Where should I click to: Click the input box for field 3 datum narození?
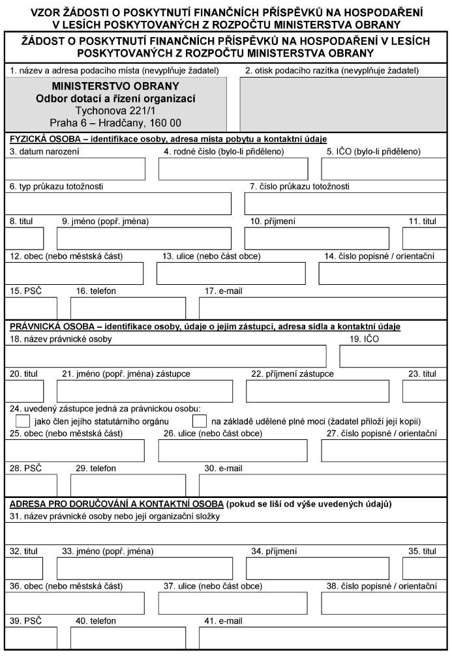(x=76, y=169)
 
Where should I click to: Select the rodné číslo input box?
(x=233, y=169)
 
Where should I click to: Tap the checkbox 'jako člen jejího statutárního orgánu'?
(x=22, y=421)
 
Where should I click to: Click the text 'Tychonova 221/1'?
(x=115, y=111)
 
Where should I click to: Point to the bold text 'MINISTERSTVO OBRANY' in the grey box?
(x=115, y=86)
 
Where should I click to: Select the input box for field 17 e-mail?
(x=322, y=308)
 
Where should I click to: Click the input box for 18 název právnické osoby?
(x=166, y=356)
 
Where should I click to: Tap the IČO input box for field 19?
(x=393, y=356)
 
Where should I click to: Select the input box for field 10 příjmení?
(x=317, y=239)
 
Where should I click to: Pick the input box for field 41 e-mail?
(x=322, y=639)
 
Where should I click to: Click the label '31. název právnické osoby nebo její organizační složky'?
(x=115, y=517)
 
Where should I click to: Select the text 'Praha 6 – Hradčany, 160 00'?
(x=115, y=123)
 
